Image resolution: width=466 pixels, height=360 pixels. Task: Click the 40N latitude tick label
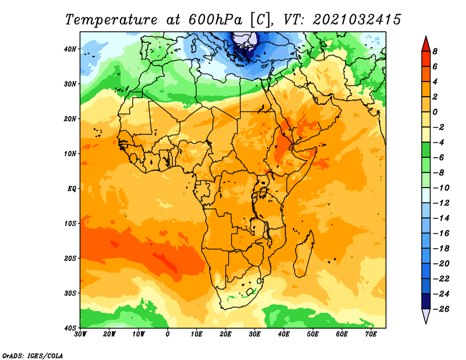pos(70,49)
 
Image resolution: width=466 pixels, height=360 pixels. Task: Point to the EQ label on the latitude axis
pos(72,189)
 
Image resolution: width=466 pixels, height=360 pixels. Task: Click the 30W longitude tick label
pos(80,334)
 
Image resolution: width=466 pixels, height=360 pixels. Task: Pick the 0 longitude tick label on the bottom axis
pos(168,334)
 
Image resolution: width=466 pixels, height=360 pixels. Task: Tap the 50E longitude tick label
pos(313,334)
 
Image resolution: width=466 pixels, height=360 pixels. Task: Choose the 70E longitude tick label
pos(371,334)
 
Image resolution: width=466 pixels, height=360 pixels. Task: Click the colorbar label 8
pos(435,51)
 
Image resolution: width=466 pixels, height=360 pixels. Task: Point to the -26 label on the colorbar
pos(441,309)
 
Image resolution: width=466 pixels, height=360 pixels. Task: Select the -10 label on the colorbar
pos(441,188)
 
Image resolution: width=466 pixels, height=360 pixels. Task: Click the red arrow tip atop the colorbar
pos(426,37)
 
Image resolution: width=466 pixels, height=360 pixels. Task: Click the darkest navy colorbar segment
pos(426,301)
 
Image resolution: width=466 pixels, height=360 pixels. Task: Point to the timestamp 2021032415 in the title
pos(357,20)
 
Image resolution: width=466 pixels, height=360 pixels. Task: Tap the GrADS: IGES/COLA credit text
pos(33,355)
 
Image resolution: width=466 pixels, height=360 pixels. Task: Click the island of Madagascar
pos(304,253)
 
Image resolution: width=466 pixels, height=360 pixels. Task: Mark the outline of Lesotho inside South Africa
pos(250,291)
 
